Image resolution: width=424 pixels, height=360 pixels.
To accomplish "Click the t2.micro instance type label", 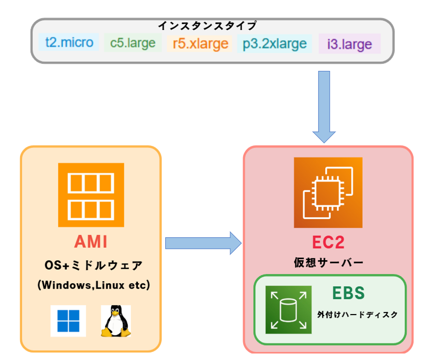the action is click(x=69, y=42).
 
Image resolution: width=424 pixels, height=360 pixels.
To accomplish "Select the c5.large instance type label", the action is click(x=133, y=43).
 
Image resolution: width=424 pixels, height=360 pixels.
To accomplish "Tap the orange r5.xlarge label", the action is click(x=200, y=43).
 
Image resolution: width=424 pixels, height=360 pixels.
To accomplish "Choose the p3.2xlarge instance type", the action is click(x=275, y=43).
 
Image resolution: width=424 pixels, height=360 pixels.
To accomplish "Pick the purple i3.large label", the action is click(x=350, y=44).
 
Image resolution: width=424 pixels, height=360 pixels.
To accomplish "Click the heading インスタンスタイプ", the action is click(x=207, y=25).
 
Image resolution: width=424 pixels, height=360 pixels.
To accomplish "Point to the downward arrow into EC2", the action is click(x=324, y=107).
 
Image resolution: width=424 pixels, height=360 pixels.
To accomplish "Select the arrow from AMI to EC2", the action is click(x=203, y=243).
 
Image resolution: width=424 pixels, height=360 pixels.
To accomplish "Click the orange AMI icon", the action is click(x=91, y=195).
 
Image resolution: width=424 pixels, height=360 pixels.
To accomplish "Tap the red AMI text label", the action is click(x=91, y=241).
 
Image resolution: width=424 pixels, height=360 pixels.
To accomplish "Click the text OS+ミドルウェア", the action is click(x=93, y=266).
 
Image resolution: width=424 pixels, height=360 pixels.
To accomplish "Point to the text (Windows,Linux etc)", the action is click(x=93, y=285).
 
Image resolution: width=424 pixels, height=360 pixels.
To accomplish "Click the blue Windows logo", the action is click(x=68, y=321).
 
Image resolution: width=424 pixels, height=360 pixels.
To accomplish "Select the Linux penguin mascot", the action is click(x=116, y=321).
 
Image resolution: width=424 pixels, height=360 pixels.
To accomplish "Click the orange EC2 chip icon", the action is click(x=328, y=192).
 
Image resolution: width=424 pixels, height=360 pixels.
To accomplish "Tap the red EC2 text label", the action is click(x=328, y=242).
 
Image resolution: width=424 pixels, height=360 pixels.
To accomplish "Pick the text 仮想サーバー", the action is click(x=329, y=263).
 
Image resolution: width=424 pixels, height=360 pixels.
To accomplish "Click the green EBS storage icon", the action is click(x=289, y=310).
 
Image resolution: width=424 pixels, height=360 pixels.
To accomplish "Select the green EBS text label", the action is click(x=349, y=293).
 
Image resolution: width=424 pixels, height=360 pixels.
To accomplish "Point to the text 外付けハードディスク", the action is click(x=357, y=315).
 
